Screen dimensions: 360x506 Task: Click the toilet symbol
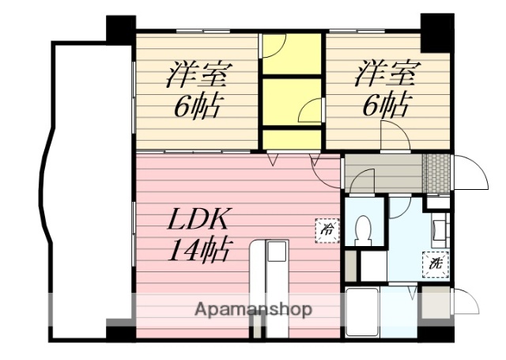coord(364,229)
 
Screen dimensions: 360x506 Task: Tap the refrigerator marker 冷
coord(327,229)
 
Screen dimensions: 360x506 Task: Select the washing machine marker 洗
coord(436,263)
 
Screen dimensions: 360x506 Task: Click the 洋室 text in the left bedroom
coord(198,75)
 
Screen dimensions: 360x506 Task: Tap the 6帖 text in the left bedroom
coord(198,106)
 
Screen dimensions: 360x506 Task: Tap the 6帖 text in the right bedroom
coord(387,106)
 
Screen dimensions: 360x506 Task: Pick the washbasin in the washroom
coord(440,229)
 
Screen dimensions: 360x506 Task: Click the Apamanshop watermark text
coord(253,309)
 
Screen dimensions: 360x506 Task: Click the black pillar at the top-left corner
coord(121,30)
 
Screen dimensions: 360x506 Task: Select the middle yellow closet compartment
coord(292,100)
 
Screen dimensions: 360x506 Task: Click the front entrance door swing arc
coord(471,170)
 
